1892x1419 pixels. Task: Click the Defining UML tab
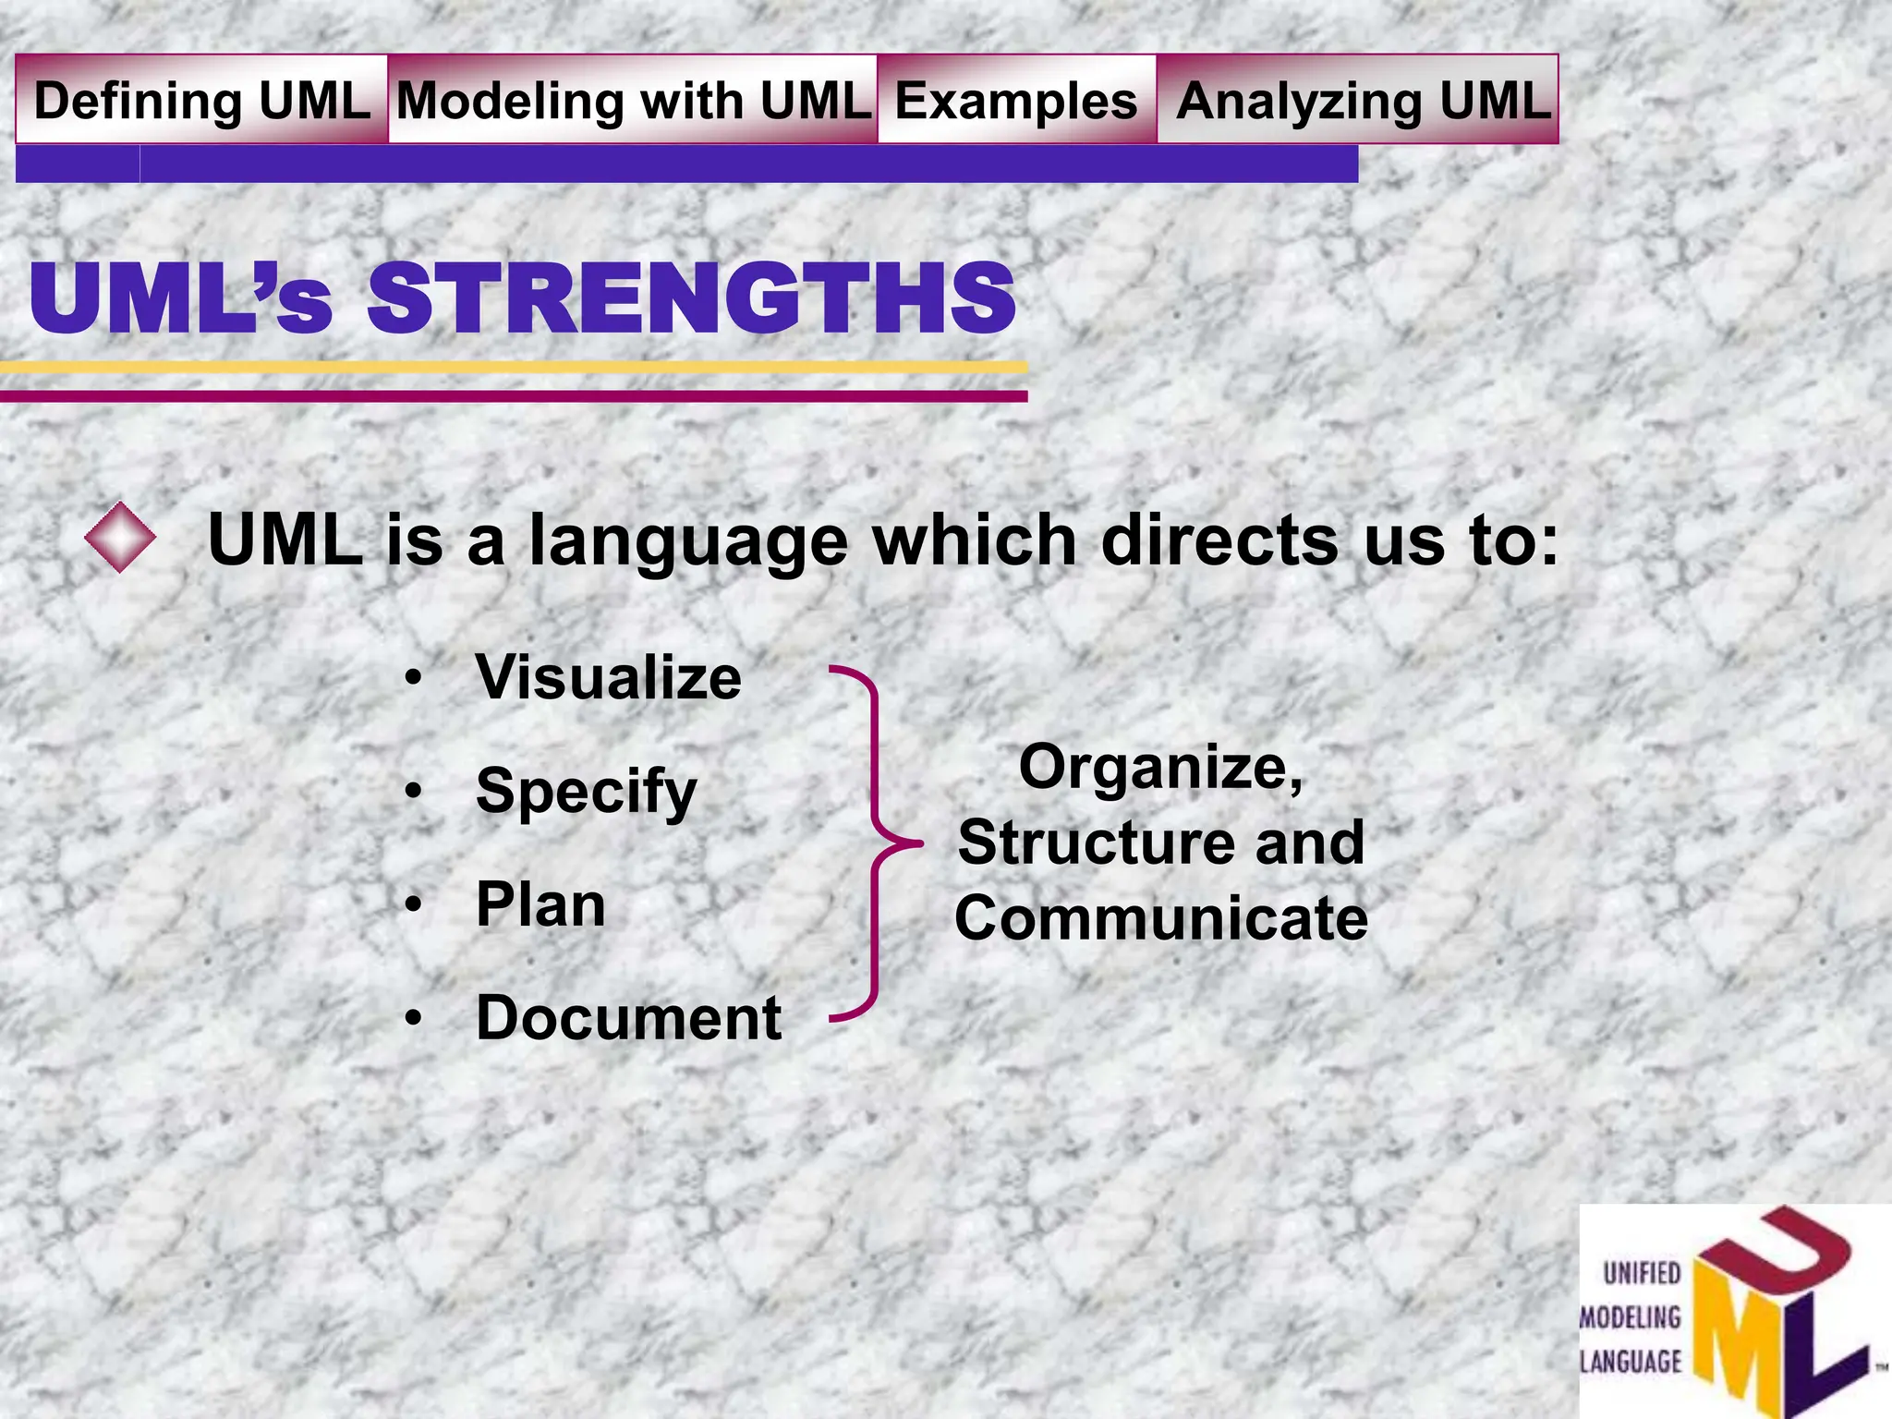(201, 100)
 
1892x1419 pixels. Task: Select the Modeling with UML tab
(633, 100)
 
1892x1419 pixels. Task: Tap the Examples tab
(1016, 100)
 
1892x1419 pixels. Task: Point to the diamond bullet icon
(120, 537)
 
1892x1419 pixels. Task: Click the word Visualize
(608, 677)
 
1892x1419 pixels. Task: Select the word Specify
(586, 792)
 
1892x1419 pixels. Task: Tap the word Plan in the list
(540, 904)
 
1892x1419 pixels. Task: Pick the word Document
(628, 1018)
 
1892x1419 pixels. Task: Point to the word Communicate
(1161, 918)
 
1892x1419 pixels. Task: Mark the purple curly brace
(873, 843)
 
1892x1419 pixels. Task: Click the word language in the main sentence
(687, 540)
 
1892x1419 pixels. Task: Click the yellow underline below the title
(514, 368)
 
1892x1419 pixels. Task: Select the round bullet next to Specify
(414, 792)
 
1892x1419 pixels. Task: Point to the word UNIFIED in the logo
(1642, 1274)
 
